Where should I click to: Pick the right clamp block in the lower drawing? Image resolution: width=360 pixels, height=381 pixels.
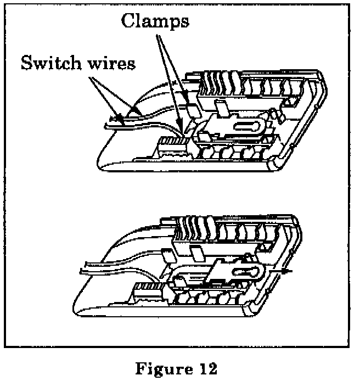[196, 253]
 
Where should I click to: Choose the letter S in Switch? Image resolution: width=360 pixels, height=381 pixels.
[25, 63]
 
